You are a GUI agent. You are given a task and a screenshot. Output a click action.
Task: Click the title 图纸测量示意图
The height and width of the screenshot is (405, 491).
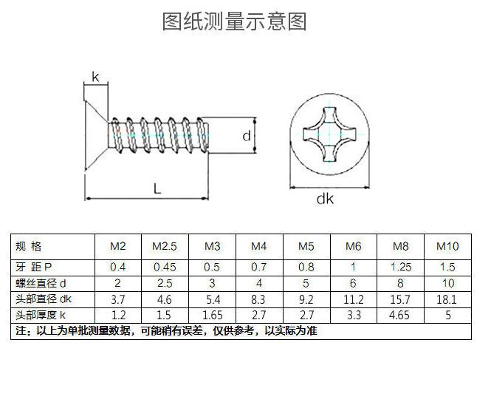pyautogui.click(x=234, y=21)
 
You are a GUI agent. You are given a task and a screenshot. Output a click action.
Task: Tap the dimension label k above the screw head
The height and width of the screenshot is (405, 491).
pyautogui.click(x=95, y=77)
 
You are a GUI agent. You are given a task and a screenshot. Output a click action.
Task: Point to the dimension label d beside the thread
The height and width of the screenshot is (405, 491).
pyautogui.click(x=247, y=136)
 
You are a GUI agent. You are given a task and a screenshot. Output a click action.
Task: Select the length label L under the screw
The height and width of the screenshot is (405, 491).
pyautogui.click(x=157, y=188)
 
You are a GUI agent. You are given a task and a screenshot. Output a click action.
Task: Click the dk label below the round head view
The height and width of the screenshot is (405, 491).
pyautogui.click(x=325, y=199)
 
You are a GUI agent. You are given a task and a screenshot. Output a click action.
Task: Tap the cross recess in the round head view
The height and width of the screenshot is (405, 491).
pyautogui.click(x=330, y=135)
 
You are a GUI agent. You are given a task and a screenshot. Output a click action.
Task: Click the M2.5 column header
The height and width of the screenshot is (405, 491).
pyautogui.click(x=165, y=246)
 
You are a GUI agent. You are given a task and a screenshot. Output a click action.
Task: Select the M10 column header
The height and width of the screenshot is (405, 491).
pyautogui.click(x=447, y=246)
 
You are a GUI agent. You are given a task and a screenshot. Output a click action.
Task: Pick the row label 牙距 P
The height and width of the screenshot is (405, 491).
pyautogui.click(x=34, y=267)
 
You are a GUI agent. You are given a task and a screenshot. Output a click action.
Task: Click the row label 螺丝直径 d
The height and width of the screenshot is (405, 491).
pyautogui.click(x=41, y=283)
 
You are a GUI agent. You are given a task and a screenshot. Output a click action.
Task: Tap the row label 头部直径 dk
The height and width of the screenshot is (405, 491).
pyautogui.click(x=44, y=299)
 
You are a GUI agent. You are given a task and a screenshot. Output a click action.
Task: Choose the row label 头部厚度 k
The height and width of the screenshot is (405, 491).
pyautogui.click(x=41, y=315)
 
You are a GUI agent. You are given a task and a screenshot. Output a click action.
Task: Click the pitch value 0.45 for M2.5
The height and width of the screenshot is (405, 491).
pyautogui.click(x=165, y=267)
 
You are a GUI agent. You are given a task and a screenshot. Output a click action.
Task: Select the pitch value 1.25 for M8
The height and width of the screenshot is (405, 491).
pyautogui.click(x=401, y=267)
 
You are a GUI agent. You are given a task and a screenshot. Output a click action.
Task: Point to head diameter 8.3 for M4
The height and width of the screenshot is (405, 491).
pyautogui.click(x=258, y=299)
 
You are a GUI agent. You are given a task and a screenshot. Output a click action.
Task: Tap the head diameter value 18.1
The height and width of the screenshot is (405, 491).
pyautogui.click(x=447, y=299)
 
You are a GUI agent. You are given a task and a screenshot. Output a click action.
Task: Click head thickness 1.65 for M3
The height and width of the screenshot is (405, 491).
pyautogui.click(x=213, y=315)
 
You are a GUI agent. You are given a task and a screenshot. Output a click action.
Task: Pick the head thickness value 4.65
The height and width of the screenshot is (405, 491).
pyautogui.click(x=399, y=315)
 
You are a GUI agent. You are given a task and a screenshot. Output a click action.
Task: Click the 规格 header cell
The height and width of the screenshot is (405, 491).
pyautogui.click(x=29, y=246)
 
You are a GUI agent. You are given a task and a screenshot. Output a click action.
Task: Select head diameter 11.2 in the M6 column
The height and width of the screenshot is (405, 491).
pyautogui.click(x=354, y=299)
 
